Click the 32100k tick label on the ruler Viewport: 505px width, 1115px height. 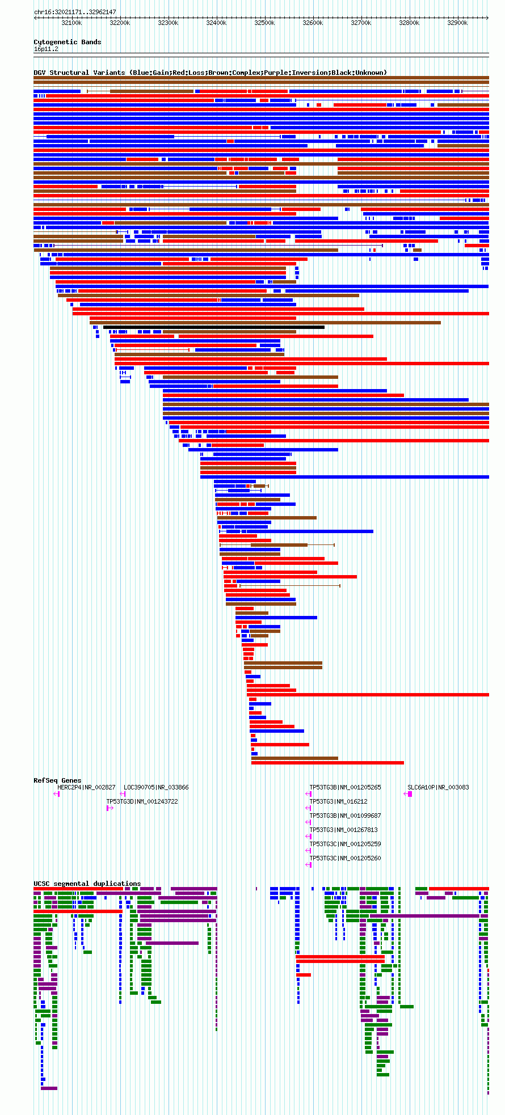click(71, 23)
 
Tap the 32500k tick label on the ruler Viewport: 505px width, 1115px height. click(264, 23)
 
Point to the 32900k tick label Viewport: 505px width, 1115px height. click(457, 23)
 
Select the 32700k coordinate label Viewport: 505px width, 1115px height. click(361, 23)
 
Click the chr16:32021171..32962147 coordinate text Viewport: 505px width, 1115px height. click(75, 12)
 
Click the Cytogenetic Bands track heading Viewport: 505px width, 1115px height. click(67, 42)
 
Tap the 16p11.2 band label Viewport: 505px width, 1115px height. click(46, 49)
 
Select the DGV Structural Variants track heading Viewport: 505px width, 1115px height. click(210, 73)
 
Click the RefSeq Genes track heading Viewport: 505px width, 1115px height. click(57, 780)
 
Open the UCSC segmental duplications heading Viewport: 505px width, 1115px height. click(87, 884)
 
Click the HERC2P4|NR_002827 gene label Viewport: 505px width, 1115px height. click(86, 787)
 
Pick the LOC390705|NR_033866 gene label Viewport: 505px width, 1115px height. click(156, 787)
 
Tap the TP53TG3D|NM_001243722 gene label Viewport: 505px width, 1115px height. click(142, 801)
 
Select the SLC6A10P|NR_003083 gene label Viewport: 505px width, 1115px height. click(438, 787)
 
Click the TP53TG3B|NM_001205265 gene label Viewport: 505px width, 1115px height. click(345, 787)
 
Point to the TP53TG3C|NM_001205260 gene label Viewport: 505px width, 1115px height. click(345, 858)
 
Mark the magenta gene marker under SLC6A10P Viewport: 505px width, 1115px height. click(410, 794)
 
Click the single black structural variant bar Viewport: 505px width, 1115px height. click(214, 327)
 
